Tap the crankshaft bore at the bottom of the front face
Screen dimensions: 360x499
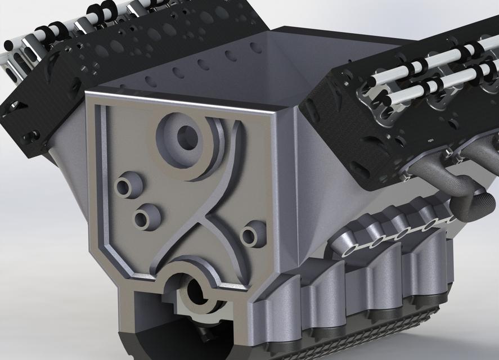(195, 291)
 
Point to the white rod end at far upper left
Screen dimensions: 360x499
(8, 44)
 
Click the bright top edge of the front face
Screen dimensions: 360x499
(186, 100)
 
